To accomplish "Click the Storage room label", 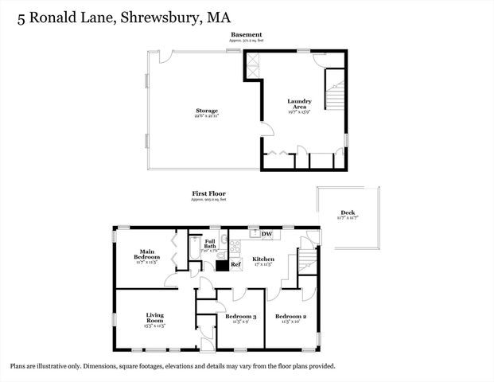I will coord(207,111).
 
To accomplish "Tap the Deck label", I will coord(348,212).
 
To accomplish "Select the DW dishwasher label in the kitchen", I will coord(267,233).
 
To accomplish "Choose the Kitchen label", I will coord(263,259).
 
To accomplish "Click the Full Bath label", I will coord(211,244).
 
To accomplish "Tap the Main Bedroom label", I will coord(147,253).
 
